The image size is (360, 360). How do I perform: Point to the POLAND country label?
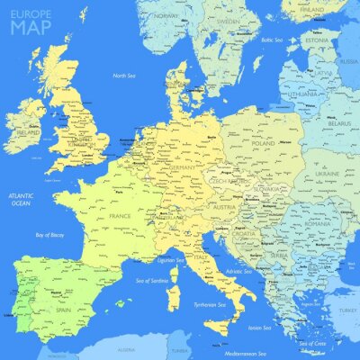263,143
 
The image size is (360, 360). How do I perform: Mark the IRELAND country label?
27,134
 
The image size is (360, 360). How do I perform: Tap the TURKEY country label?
346,310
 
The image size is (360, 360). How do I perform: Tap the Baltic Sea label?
272,40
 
